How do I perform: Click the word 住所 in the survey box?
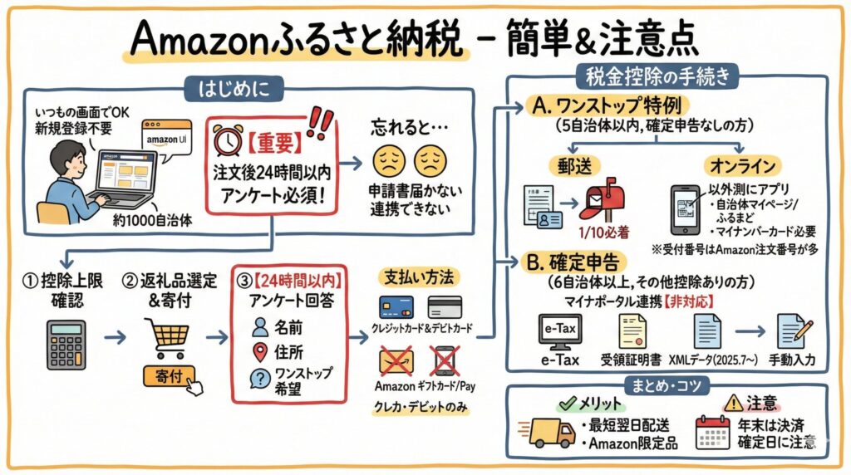pyautogui.click(x=289, y=351)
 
